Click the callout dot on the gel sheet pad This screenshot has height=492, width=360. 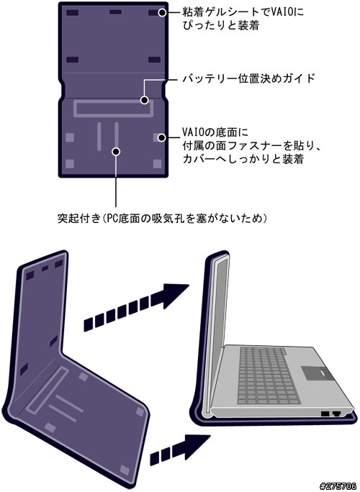pos(162,12)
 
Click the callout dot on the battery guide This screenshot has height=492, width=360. pos(145,100)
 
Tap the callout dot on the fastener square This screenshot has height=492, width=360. pos(161,137)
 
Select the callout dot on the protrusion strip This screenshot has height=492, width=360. pos(116,152)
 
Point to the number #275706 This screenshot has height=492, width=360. pos(338,486)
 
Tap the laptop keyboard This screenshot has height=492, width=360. pos(267,375)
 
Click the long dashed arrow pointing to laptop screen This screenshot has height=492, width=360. pos(136,307)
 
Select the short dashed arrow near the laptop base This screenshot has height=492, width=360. pos(179,450)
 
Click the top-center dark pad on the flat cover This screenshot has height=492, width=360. pos(116,12)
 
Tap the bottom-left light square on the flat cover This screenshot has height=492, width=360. pos(70,163)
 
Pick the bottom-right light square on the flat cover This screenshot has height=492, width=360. pos(157,163)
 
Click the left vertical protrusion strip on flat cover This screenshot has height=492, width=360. pos(99,137)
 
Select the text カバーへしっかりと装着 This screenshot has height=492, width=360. pos(243,159)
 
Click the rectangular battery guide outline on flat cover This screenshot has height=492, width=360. pos(114,101)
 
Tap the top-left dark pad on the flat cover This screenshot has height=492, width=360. pos(72,12)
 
